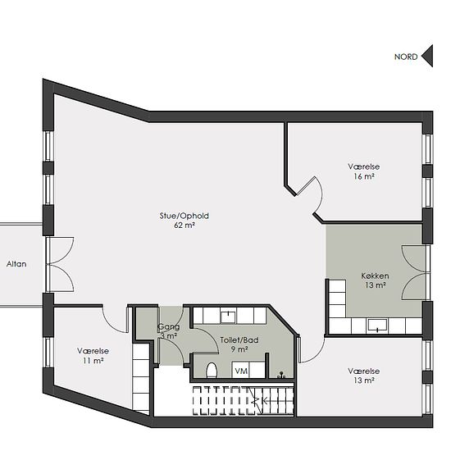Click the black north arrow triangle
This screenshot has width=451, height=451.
429,56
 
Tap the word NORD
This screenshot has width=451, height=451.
406,57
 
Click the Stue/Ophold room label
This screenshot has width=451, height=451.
184,216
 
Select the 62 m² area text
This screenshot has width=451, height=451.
184,225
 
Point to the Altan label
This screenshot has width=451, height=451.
16,264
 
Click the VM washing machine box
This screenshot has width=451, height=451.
241,370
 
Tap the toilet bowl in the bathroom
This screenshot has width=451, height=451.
212,371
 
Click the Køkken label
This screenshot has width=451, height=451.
375,276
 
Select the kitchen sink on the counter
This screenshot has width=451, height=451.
377,325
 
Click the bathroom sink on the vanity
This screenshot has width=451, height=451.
228,317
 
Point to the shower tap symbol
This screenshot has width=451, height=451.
281,375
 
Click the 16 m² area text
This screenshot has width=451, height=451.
364,176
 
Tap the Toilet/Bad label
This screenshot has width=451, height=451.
239,340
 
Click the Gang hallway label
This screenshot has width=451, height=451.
169,327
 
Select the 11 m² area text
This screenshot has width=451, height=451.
93,361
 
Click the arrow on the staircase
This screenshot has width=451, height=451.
260,400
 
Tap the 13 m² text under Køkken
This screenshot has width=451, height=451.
376,285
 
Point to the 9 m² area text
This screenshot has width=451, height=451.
239,349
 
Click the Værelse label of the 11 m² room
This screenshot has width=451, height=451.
93,351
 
